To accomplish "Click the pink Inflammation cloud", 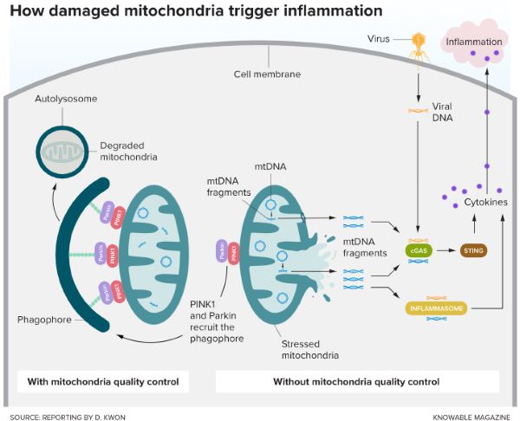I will [x=473, y=43].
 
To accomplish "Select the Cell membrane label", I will [x=267, y=74].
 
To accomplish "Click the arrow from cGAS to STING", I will [x=447, y=251].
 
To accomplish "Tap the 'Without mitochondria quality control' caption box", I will [x=356, y=381].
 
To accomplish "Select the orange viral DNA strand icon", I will [x=419, y=110].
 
